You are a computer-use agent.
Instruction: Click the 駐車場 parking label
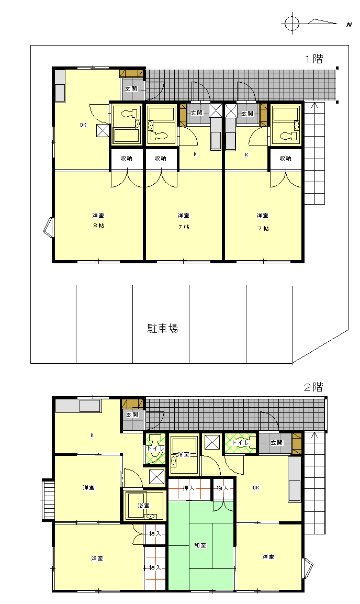tap(163, 328)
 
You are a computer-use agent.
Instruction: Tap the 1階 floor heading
tap(314, 59)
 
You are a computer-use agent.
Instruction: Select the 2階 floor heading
tap(313, 387)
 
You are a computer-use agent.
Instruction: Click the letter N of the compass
tap(349, 25)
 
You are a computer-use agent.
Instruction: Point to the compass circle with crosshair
tap(292, 24)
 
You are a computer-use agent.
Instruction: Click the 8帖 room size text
tap(98, 226)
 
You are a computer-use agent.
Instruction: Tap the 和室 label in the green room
tap(200, 545)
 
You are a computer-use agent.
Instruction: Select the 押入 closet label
tap(188, 488)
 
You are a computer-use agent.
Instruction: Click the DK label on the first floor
tap(83, 125)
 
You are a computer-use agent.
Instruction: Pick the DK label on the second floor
tap(256, 488)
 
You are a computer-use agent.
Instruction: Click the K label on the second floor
tap(92, 435)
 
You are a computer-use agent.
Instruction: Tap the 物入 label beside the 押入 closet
tap(222, 488)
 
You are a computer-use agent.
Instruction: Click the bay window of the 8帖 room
tap(48, 226)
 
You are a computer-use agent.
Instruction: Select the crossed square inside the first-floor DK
tap(103, 130)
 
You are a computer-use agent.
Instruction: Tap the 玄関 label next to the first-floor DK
tap(131, 88)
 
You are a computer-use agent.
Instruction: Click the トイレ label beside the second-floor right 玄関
tap(241, 443)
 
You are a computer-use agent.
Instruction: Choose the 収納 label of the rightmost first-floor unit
tap(285, 158)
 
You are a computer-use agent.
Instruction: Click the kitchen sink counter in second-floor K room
tap(78, 406)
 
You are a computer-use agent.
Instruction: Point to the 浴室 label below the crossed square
tap(143, 506)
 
